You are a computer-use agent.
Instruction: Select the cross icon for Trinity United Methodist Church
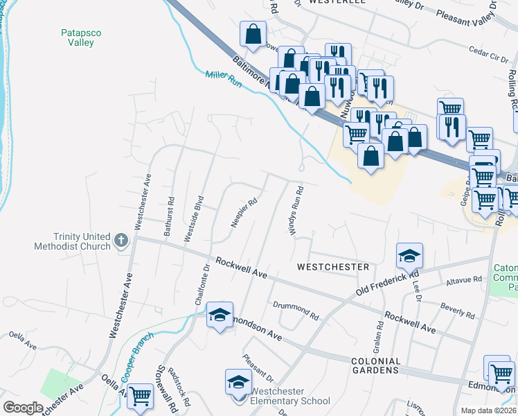[x=121, y=241]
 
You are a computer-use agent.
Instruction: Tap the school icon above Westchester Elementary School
[x=238, y=382]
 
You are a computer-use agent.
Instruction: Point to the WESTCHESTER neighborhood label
[x=332, y=267]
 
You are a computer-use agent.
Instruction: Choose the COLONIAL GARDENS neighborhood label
[x=375, y=365]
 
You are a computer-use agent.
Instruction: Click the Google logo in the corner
[x=22, y=408]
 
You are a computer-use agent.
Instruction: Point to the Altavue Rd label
[x=464, y=280]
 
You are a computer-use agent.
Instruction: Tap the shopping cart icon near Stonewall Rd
[x=141, y=397]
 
